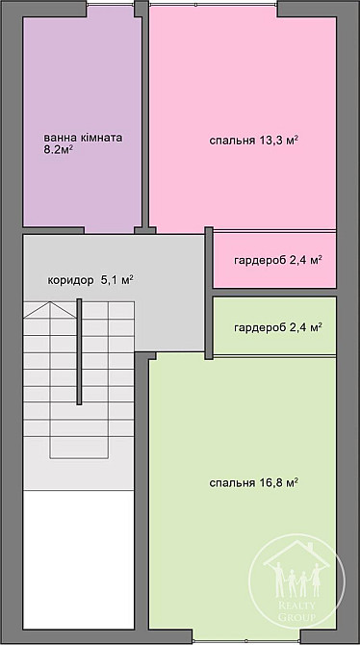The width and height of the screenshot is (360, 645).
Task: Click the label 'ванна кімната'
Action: (x=83, y=137)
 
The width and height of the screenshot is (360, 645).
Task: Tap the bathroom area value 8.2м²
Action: (x=60, y=149)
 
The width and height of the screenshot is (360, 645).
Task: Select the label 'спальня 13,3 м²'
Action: (x=253, y=141)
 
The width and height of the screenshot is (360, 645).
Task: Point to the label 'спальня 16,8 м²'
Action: (x=253, y=482)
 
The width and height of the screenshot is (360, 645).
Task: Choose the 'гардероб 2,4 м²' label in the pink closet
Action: (x=277, y=260)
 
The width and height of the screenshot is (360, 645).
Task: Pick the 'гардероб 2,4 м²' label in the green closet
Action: (x=277, y=326)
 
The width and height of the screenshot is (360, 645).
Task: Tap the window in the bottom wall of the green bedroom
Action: (x=245, y=639)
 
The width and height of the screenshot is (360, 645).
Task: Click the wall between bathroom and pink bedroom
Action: (x=141, y=116)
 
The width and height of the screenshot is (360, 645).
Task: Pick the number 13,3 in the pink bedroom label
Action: (x=270, y=141)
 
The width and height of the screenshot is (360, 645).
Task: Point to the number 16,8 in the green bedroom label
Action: (x=270, y=482)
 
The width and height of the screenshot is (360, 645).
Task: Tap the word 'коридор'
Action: (x=68, y=280)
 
